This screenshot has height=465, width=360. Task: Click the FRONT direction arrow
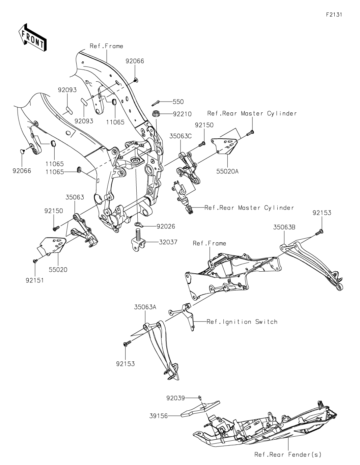tap(32, 37)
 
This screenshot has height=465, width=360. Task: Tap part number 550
tap(178, 101)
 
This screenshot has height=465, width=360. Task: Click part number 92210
tap(182, 114)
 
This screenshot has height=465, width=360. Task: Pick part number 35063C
tap(181, 136)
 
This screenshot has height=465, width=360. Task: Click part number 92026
tap(166, 226)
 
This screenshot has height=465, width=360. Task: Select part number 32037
tap(166, 242)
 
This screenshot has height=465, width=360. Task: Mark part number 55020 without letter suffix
tap(58, 270)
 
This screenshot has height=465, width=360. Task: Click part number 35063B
tap(284, 227)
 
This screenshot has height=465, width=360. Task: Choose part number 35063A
tap(145, 307)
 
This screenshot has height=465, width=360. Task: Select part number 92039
tap(175, 398)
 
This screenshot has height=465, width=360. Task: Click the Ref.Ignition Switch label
tap(242, 322)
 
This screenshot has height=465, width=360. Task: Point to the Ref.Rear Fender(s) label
tap(288, 455)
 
